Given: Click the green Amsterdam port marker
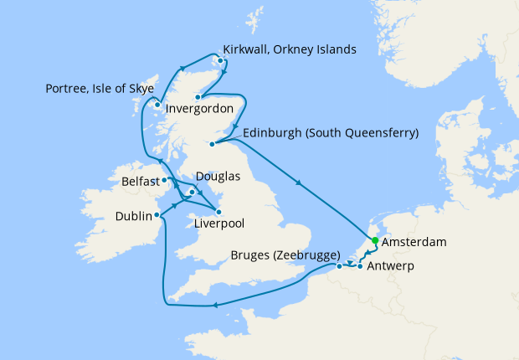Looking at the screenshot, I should point(375,241).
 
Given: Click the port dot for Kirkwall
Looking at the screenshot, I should point(220,60).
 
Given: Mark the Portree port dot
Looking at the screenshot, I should point(157,105).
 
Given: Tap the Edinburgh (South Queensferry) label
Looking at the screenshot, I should point(330,133).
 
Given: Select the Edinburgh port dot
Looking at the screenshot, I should point(212,144).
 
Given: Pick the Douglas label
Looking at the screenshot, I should point(218,177).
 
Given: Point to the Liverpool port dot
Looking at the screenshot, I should point(219,211).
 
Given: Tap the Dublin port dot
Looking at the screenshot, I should point(159,215).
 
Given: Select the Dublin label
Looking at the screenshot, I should point(133,216).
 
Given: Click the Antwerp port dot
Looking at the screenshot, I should point(360,266).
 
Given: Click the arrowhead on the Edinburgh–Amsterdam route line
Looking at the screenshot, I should point(299,183).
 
